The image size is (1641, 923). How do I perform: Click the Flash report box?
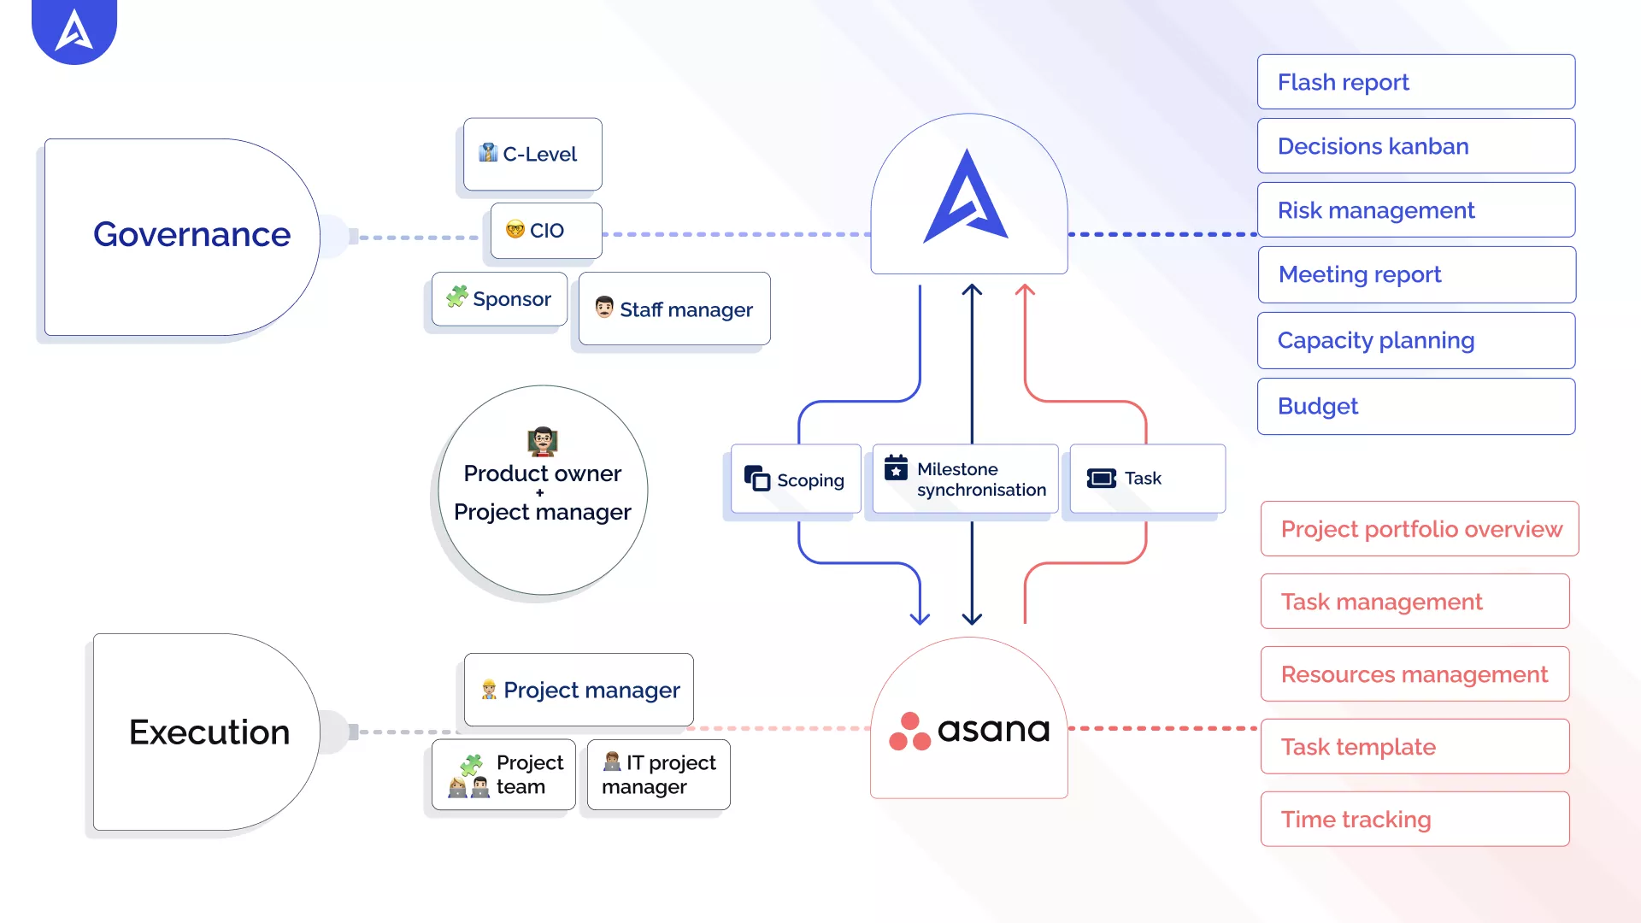[1415, 82]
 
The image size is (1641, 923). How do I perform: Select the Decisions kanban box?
[1415, 146]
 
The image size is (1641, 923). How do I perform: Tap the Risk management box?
[1415, 210]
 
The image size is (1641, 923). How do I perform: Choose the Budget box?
[1415, 406]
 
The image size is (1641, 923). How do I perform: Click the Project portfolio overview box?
[1419, 529]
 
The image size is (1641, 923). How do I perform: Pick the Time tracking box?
[1415, 820]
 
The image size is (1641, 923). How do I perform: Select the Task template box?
[1415, 747]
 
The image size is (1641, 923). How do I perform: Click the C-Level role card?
[532, 154]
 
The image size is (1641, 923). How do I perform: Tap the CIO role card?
[546, 231]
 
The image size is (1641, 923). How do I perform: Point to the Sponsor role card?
[499, 299]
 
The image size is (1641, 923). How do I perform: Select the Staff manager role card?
[674, 309]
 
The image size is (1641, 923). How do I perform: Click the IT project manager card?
[658, 774]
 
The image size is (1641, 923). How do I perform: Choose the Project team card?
[503, 774]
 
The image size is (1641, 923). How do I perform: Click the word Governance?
[191, 234]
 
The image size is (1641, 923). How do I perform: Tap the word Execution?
[209, 732]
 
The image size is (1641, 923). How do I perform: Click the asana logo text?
[993, 730]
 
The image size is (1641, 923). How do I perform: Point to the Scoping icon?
[756, 479]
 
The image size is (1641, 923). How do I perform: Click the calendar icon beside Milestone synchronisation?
[896, 467]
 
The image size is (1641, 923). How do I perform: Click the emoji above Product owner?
[543, 441]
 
